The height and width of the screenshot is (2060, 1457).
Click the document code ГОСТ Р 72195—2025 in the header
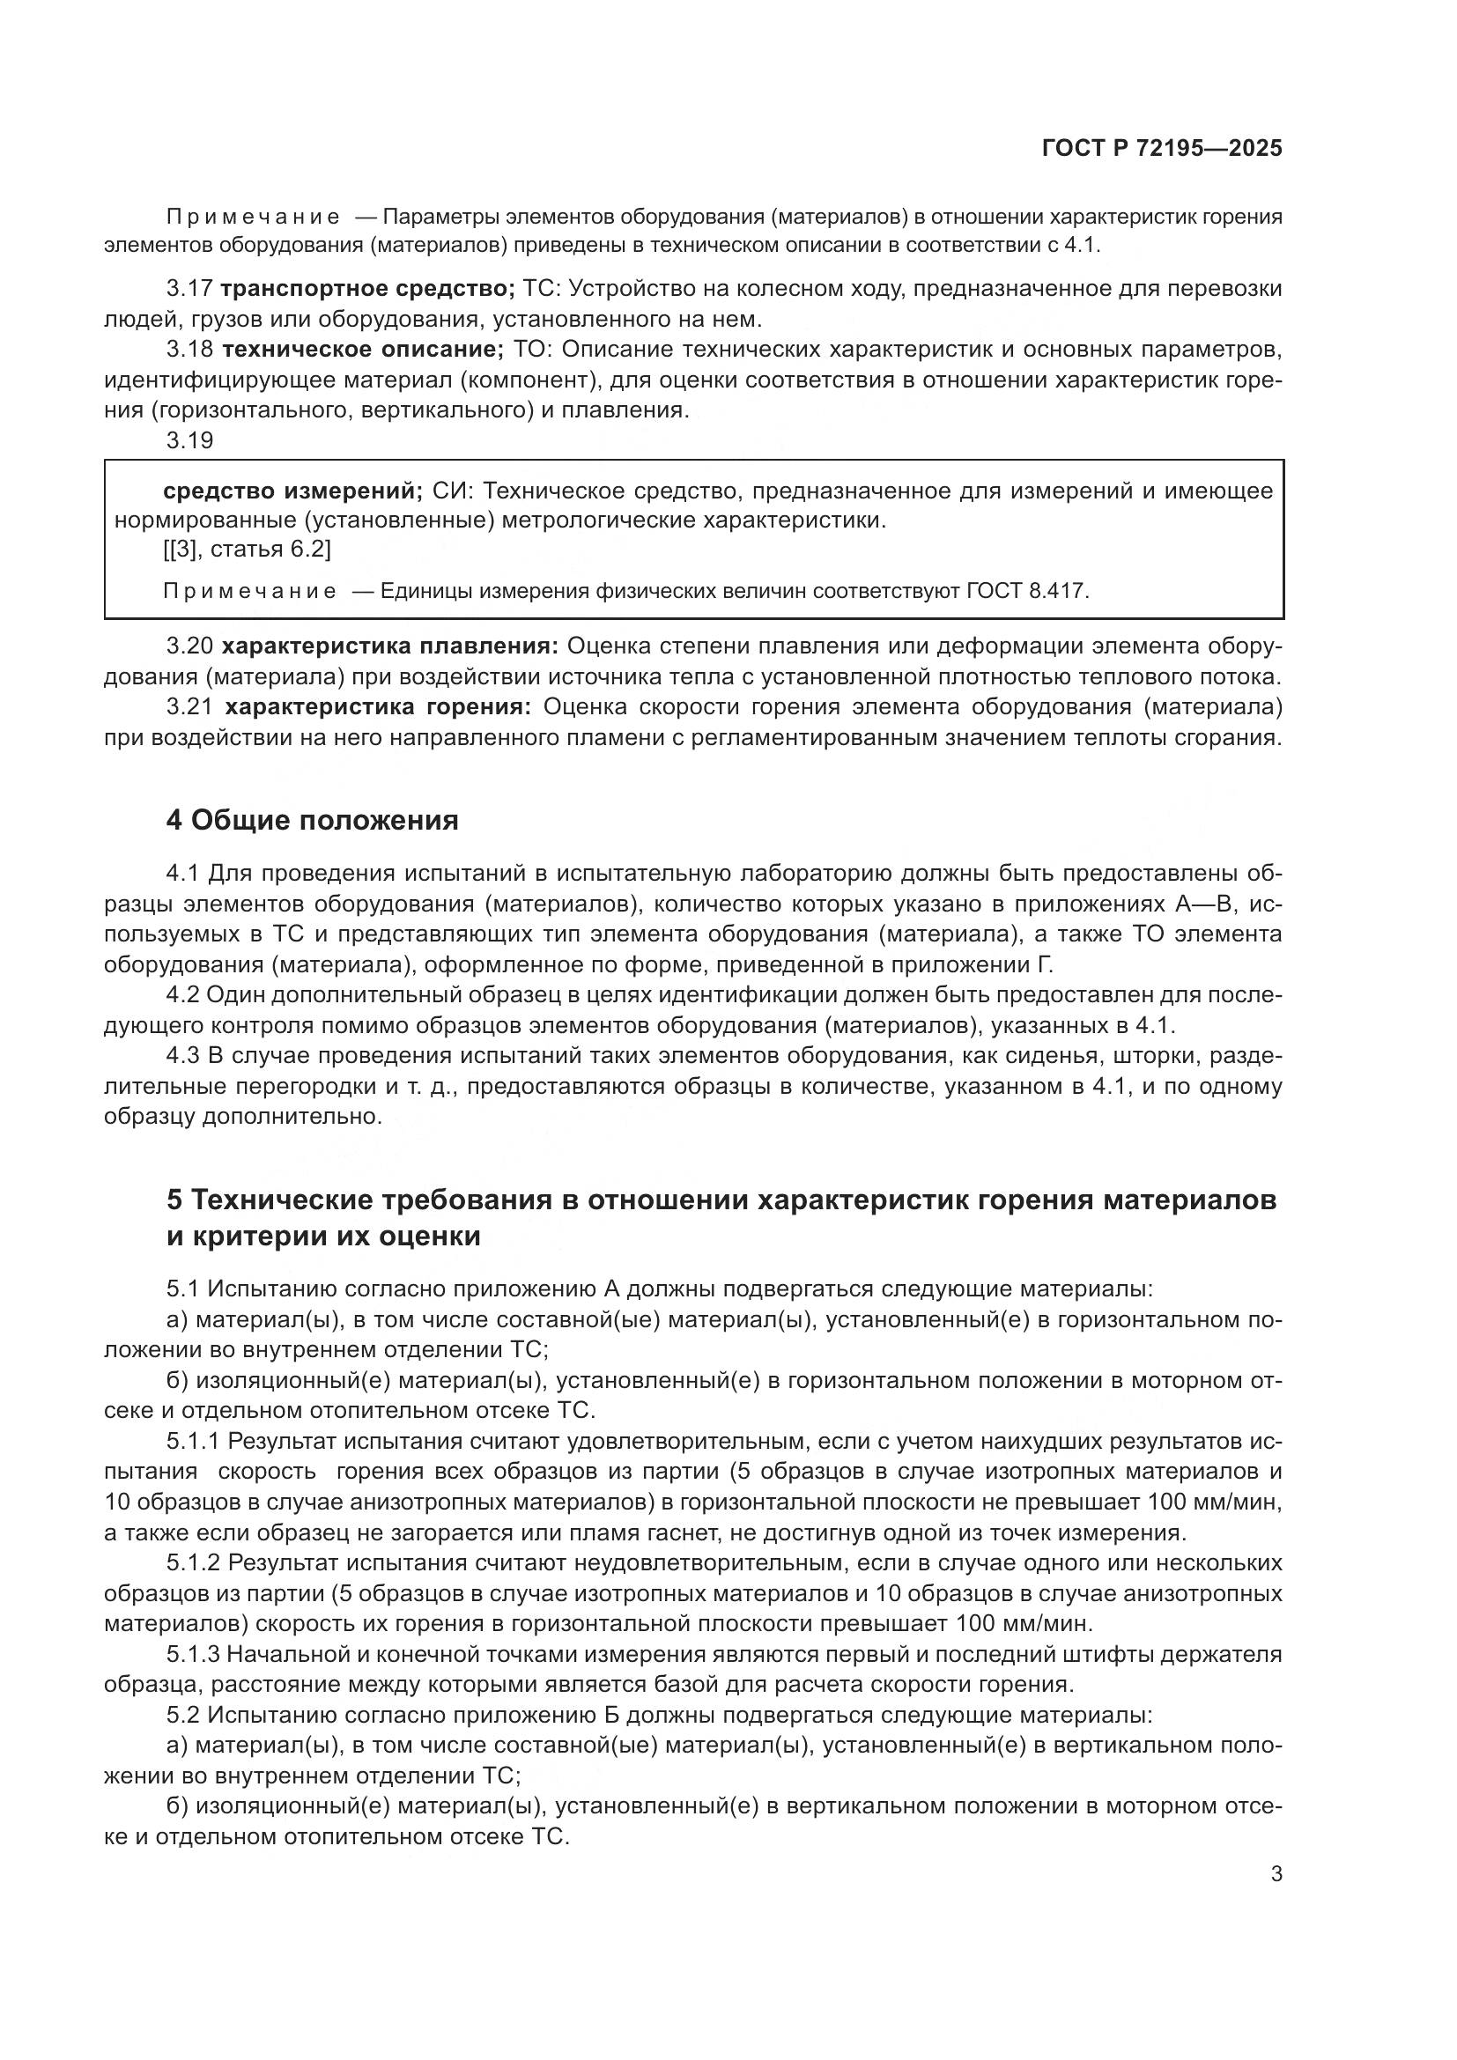1162,149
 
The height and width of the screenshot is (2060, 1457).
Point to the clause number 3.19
190,440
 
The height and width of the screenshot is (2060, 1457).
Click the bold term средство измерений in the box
292,491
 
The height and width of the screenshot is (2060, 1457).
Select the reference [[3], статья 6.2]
247,549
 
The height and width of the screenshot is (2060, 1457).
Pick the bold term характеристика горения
378,707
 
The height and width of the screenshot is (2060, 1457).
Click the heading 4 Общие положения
312,820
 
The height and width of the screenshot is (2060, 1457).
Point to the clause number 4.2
183,995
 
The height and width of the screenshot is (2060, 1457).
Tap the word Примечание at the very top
253,218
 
